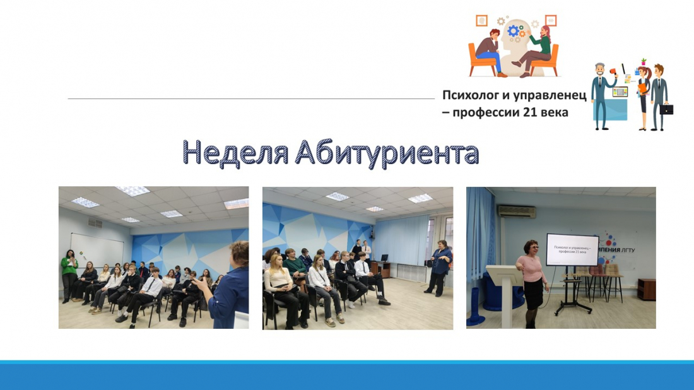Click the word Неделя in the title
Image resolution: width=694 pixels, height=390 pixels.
pos(235,153)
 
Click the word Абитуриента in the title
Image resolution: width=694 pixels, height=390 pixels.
pos(387,153)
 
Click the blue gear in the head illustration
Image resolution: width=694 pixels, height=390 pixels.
pos(513,30)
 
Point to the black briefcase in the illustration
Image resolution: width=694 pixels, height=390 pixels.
pos(666,109)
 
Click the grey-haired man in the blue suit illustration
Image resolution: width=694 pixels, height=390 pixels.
pos(603,96)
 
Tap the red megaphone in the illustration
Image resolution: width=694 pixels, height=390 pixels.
pos(613,71)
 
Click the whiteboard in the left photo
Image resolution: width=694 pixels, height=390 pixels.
pos(97,250)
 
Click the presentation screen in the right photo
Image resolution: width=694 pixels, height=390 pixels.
pos(572,250)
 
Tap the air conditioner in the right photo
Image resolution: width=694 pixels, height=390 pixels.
pos(517,211)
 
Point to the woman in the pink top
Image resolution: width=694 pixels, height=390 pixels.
pos(532,283)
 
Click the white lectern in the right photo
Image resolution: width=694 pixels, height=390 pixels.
pos(505,293)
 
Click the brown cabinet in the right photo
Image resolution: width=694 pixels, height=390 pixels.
pos(647,290)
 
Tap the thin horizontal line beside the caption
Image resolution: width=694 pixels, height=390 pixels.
pos(251,98)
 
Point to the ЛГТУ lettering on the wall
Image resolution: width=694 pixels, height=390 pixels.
pos(628,250)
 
